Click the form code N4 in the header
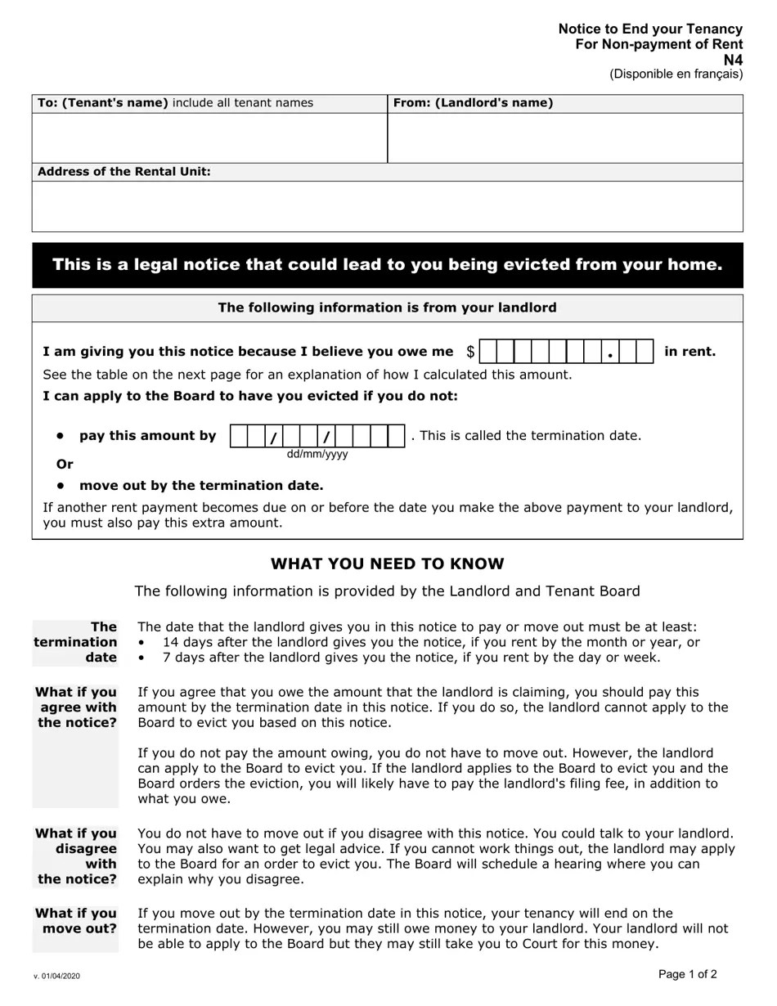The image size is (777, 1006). click(x=734, y=60)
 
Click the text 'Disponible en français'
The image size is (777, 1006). click(x=676, y=74)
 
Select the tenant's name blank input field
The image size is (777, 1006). click(x=209, y=137)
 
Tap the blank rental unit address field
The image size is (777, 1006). click(x=387, y=206)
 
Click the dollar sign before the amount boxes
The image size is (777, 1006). click(x=470, y=352)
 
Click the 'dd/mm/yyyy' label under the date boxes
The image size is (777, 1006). click(x=317, y=455)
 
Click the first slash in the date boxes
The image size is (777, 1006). click(x=274, y=437)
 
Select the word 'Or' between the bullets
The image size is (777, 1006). click(x=65, y=465)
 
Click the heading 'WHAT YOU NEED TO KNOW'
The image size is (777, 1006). click(x=387, y=564)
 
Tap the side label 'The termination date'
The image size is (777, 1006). click(x=76, y=643)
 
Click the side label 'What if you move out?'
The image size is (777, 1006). click(x=76, y=921)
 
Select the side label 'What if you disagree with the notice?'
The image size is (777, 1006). click(x=76, y=856)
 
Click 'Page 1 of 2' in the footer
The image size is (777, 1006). click(x=687, y=974)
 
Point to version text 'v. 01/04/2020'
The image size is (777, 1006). click(x=57, y=977)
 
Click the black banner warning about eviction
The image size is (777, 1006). click(x=387, y=265)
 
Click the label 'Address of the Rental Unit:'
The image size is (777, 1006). click(x=124, y=172)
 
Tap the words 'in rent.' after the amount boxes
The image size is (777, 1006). click(x=689, y=352)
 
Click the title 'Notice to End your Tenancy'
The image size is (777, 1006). click(x=650, y=29)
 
